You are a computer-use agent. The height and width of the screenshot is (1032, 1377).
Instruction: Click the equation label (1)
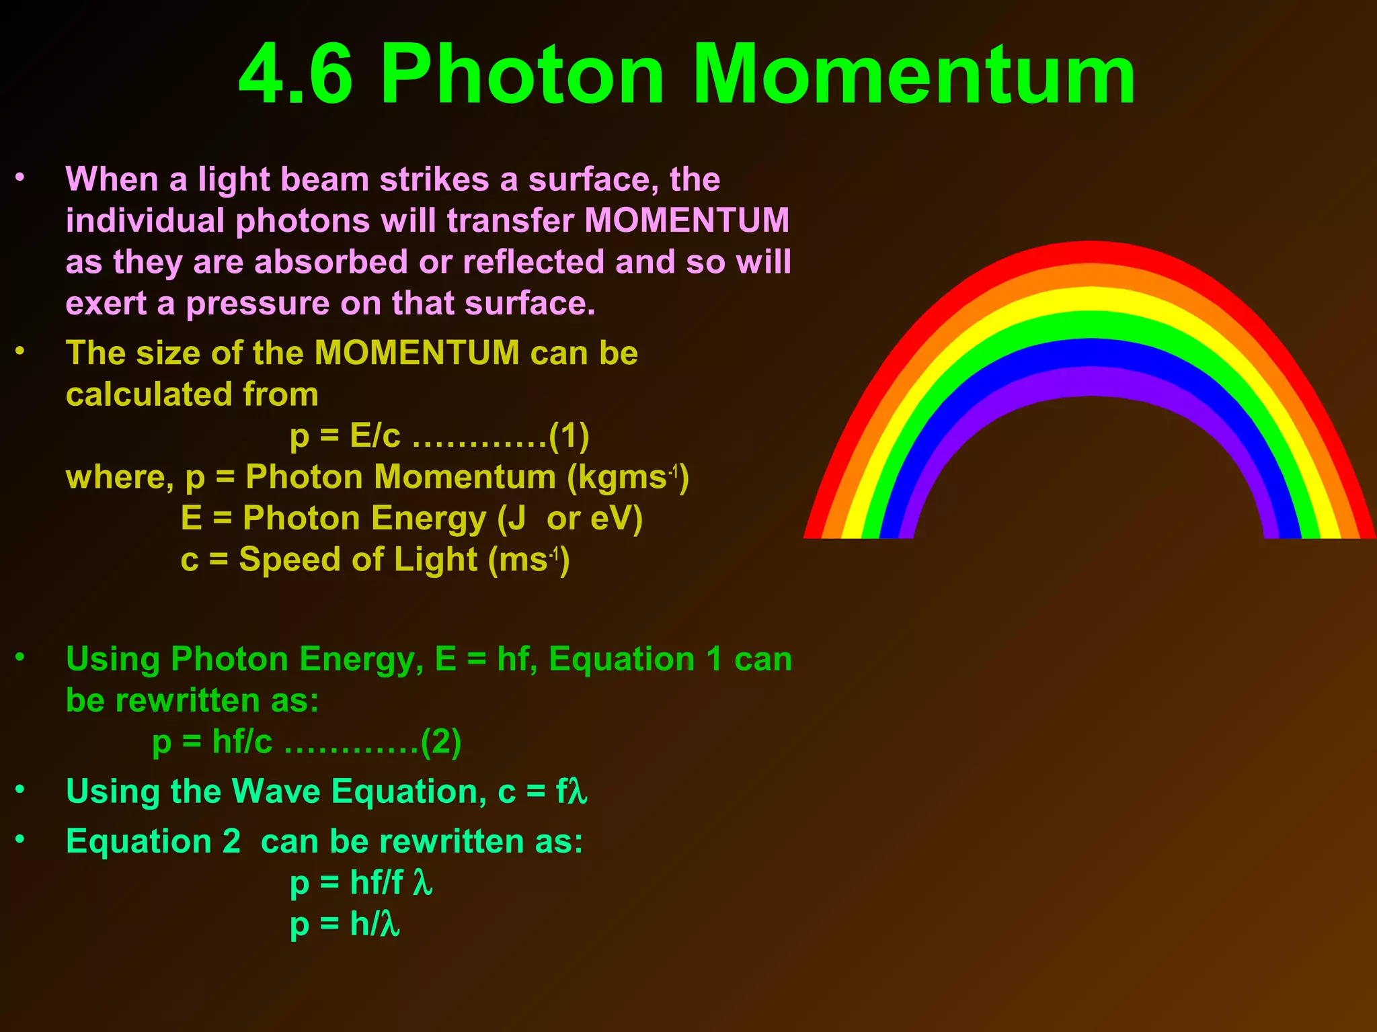(x=569, y=436)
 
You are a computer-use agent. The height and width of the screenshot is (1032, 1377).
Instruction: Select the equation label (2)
(x=441, y=742)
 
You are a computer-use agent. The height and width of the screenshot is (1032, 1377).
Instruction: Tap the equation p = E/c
(x=345, y=436)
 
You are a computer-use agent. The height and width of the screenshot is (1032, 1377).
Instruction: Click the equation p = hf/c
(x=212, y=742)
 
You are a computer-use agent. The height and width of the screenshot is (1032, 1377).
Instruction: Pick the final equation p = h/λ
(x=345, y=924)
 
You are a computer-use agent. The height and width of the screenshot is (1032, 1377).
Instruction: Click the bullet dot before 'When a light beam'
(x=20, y=178)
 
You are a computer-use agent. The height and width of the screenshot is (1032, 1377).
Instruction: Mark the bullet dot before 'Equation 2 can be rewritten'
(x=20, y=839)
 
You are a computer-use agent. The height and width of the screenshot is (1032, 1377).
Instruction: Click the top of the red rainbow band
(x=1091, y=252)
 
